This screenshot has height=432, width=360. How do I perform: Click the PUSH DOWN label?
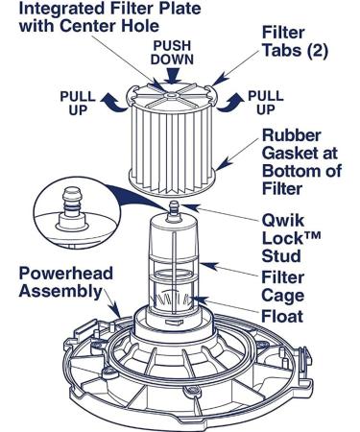click(x=172, y=53)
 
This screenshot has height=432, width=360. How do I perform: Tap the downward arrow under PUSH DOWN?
click(x=172, y=76)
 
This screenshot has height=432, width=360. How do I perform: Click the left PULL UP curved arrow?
click(x=114, y=103)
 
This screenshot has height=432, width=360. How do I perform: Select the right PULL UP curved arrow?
click(x=229, y=103)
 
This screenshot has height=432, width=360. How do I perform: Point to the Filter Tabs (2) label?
click(x=295, y=41)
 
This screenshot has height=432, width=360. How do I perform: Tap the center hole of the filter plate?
click(x=172, y=95)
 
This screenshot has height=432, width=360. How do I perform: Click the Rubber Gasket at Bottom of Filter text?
click(x=301, y=162)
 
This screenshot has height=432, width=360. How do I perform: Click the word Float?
click(x=282, y=316)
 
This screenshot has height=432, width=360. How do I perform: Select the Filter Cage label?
click(x=283, y=286)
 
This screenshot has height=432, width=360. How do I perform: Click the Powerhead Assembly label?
click(x=66, y=282)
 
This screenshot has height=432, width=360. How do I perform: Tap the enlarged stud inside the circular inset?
click(x=72, y=208)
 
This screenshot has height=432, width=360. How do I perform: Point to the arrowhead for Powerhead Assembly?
click(x=115, y=311)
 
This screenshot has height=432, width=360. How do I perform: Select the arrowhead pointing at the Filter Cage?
click(x=209, y=266)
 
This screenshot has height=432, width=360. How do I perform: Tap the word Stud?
click(x=281, y=256)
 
